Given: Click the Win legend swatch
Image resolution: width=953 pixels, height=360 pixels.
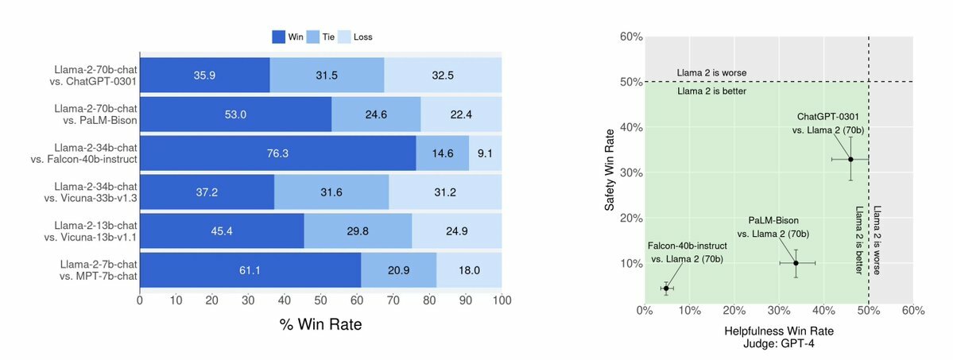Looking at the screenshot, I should coord(278,37).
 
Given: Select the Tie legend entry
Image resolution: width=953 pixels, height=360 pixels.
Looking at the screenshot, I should coord(321,37).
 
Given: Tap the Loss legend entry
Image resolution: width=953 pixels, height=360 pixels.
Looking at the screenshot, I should coord(362,37).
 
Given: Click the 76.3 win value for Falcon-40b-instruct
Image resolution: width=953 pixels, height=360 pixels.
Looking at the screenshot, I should coord(278,153).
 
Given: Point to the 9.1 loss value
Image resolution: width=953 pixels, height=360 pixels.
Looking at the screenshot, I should coord(486,153).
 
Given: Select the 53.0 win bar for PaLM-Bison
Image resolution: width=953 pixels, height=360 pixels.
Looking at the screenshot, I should coord(236,114).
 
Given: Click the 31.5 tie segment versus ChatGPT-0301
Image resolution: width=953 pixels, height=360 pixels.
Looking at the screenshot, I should coord(327,75).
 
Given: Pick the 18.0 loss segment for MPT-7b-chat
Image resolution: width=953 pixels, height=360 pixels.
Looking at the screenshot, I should coord(469,270).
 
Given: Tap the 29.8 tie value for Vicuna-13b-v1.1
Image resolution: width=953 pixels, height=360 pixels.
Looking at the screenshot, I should coord(358,231).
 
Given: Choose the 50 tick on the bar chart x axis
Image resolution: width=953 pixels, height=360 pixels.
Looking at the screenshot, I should coord(321,301).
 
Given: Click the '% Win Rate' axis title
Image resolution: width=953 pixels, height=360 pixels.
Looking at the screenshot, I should coord(321,325).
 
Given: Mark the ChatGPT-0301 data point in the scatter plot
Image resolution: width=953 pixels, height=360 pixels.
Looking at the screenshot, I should coord(850,159).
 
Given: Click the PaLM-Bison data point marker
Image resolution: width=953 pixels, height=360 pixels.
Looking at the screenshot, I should coord(796,263).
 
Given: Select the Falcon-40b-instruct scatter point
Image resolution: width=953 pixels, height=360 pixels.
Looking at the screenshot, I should coord(666,288).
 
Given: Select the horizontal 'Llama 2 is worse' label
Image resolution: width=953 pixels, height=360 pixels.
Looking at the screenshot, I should coord(711,73).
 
